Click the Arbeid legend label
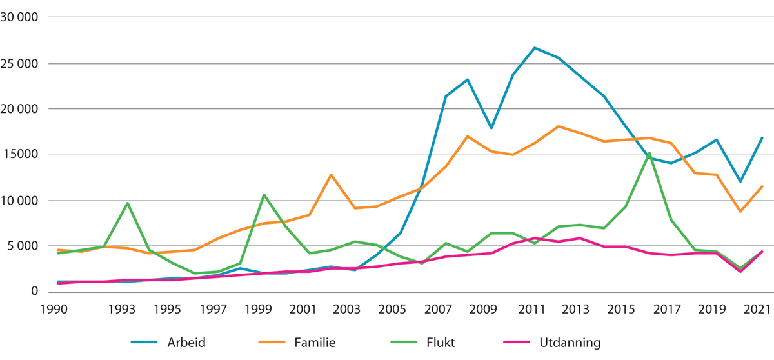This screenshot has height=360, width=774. [187, 343]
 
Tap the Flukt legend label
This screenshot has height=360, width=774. [440, 343]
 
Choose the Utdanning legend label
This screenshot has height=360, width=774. [570, 343]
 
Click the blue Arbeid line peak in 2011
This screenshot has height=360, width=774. [534, 48]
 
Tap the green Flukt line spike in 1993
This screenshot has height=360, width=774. [126, 203]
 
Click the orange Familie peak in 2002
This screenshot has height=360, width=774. [330, 175]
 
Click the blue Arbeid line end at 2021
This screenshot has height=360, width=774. [762, 137]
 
